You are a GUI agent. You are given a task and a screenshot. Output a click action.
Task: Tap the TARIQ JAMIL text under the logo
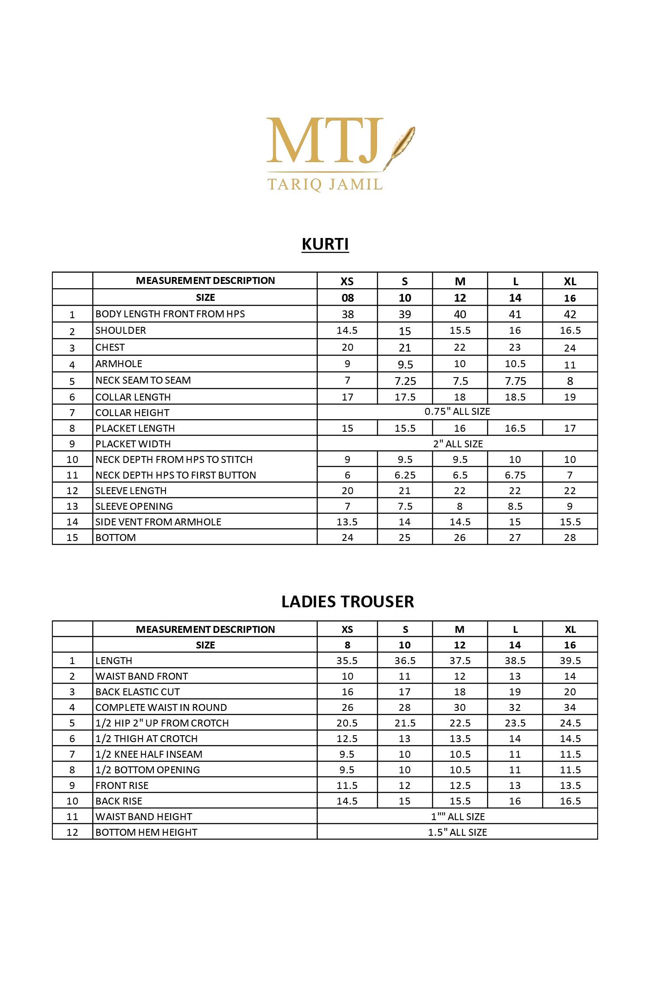(325, 185)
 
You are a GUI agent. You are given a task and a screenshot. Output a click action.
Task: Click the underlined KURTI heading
(325, 244)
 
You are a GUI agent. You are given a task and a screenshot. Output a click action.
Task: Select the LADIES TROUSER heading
(348, 602)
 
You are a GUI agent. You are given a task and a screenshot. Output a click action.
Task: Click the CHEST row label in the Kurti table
(110, 348)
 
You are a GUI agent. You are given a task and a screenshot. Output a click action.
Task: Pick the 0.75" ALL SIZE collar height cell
(457, 412)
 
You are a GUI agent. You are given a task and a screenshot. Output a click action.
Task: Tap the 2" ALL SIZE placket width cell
(458, 444)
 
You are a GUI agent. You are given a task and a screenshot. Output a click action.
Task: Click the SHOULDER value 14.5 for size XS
(347, 331)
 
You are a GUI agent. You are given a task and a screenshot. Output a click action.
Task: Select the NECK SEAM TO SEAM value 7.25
(405, 381)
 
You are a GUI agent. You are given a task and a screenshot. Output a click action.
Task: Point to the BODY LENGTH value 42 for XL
(570, 314)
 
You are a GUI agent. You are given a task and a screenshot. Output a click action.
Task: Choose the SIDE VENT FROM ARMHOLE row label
(158, 522)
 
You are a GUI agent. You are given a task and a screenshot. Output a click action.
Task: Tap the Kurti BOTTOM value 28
(570, 538)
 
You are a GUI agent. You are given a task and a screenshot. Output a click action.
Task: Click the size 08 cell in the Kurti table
(348, 298)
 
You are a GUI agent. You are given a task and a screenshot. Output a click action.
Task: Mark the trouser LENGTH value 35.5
(347, 661)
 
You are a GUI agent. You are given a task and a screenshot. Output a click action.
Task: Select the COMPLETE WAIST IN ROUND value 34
(570, 707)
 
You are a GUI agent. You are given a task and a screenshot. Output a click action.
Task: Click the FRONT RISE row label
(122, 785)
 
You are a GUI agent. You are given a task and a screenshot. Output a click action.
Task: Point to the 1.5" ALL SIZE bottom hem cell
(457, 832)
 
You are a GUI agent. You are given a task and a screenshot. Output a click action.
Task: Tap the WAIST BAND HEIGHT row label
(143, 817)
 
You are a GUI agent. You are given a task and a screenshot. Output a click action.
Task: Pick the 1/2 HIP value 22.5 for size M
(460, 723)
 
